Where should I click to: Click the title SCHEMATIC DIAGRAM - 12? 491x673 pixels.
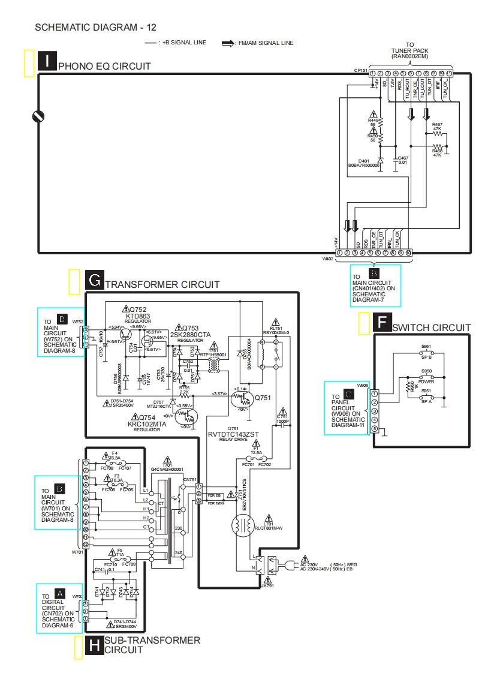pos(96,27)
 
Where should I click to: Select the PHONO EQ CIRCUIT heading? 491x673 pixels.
pos(104,66)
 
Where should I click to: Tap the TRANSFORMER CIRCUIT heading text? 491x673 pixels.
pos(162,284)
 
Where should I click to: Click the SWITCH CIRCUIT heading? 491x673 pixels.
pos(431,327)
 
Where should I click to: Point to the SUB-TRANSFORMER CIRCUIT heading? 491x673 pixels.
pos(152,645)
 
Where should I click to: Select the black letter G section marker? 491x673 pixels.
pos(94,280)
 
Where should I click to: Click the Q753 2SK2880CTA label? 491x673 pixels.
pos(190,331)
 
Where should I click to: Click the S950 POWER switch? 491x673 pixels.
pos(426,378)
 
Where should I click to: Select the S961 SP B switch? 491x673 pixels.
pos(426,353)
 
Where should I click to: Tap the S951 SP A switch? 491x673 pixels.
pos(426,398)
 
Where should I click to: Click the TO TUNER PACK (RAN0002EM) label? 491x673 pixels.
pos(409,50)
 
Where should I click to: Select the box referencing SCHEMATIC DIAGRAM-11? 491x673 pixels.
pos(347,408)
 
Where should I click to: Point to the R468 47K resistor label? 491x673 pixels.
pos(436,153)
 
